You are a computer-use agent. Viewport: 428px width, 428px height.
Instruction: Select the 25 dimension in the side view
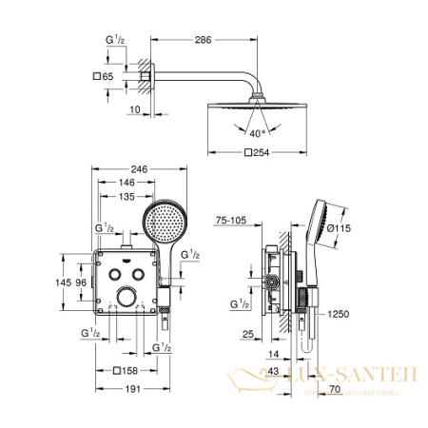click(245, 336)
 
